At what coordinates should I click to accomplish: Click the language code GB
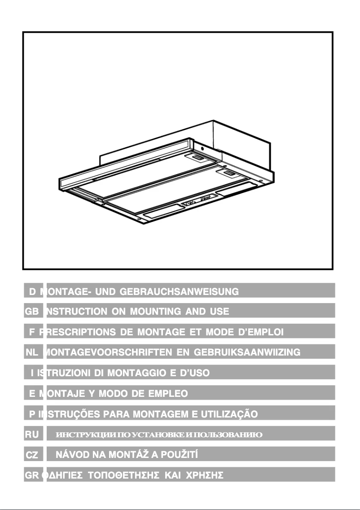[33, 311]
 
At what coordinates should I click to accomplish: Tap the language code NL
[33, 352]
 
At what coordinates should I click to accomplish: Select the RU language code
[33, 434]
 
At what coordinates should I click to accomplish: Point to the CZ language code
[33, 455]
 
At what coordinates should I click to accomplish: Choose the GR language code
[32, 475]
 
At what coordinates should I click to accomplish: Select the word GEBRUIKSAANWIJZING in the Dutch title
[247, 352]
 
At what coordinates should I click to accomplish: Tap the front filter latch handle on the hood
[228, 173]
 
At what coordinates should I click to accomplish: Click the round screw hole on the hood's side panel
[202, 148]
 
